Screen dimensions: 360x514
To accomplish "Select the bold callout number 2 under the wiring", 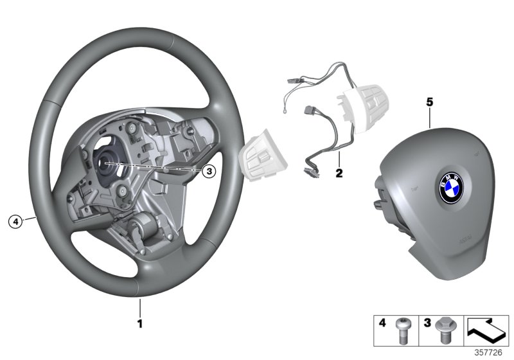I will pyautogui.click(x=339, y=173).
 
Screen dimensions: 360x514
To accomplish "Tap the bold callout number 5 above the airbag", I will pyautogui.click(x=430, y=102).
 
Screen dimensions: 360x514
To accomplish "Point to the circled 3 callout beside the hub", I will pyautogui.click(x=208, y=171).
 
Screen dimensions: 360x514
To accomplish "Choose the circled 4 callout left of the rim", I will pyautogui.click(x=14, y=222).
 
